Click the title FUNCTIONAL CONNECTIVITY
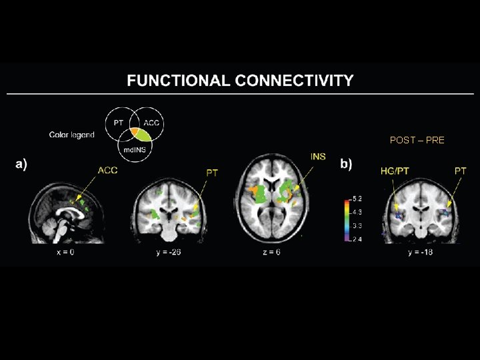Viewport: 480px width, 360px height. point(240,81)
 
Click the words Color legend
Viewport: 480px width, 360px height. point(72,135)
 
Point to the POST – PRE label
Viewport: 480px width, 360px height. point(417,140)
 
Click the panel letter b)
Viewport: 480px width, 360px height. point(347,163)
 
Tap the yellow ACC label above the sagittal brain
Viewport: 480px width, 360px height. point(107,171)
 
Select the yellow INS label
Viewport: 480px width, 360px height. point(318,157)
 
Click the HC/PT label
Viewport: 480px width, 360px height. point(395,171)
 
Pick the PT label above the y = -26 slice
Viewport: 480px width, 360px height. point(212,173)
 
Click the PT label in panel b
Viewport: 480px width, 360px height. point(460,171)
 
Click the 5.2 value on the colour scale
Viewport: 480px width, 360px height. point(357,199)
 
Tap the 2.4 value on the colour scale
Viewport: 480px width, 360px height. point(357,239)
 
